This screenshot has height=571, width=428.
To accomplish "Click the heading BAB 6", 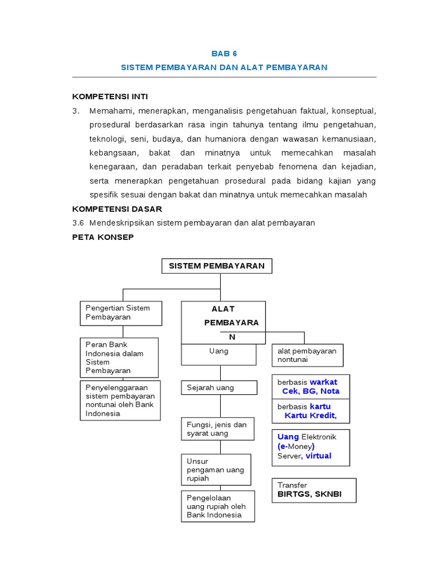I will click(x=224, y=54).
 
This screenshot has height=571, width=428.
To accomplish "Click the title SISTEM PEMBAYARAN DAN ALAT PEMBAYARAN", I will click(x=224, y=67).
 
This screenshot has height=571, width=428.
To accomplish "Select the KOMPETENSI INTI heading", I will click(x=110, y=96).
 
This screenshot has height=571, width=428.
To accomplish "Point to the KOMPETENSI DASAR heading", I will click(x=117, y=209).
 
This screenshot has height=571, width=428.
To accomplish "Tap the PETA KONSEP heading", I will click(x=103, y=236).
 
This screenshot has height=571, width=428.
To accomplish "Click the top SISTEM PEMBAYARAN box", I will click(x=217, y=266).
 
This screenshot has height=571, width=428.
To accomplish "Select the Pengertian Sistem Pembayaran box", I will click(x=121, y=313).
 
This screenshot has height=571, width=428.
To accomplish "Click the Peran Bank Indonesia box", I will click(x=120, y=357).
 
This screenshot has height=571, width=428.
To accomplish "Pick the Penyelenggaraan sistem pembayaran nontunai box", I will click(x=120, y=400).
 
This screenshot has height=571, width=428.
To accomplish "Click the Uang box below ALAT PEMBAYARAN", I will click(x=219, y=354).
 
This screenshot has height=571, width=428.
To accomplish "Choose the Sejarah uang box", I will click(x=219, y=388).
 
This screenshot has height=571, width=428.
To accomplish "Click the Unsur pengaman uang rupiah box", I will click(x=216, y=470).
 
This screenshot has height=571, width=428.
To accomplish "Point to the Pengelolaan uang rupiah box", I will click(x=217, y=506).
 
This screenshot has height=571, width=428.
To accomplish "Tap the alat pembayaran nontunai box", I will click(x=308, y=355).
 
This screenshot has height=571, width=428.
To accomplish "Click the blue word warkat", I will click(x=323, y=382).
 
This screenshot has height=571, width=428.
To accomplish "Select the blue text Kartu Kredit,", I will click(x=310, y=415).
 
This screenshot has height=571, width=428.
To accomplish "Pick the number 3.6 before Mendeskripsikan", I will click(x=78, y=222).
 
